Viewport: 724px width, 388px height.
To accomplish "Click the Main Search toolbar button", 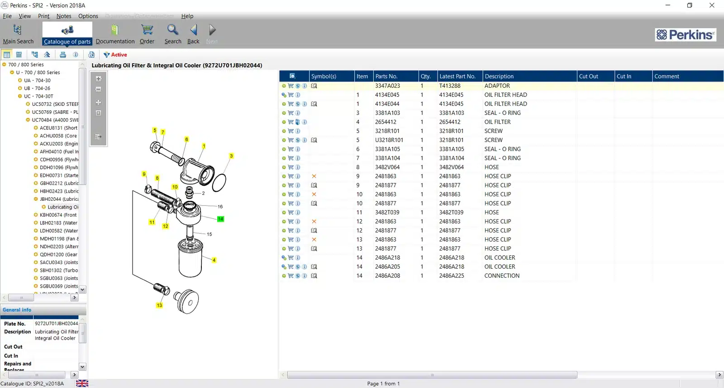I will [x=18, y=34].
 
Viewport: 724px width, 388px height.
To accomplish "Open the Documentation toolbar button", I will [x=115, y=34].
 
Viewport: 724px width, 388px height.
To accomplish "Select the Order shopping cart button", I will [x=147, y=34].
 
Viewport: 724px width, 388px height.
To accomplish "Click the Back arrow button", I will [x=193, y=34].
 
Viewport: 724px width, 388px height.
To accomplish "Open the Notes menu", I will [x=64, y=16].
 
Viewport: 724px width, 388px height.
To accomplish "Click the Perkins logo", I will [x=685, y=35].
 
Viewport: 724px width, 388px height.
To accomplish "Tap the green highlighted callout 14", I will [x=220, y=219].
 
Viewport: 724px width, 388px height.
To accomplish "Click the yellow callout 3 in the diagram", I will [x=231, y=156].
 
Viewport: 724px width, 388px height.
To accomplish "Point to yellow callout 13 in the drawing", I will [x=159, y=305].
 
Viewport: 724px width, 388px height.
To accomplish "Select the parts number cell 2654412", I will [x=386, y=122].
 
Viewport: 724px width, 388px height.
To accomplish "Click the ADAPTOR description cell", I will [x=497, y=86].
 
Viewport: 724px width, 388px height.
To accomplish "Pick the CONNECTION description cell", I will [x=502, y=276].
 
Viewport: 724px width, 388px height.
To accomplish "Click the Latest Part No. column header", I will [x=457, y=76].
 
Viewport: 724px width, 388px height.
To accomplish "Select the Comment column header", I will [x=667, y=76].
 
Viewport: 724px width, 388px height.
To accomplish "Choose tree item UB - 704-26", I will [x=37, y=88].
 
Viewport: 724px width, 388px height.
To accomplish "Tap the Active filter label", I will [x=119, y=55].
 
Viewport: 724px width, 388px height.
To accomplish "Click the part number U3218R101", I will [x=389, y=140].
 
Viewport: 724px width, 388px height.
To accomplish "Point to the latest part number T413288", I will [x=450, y=86].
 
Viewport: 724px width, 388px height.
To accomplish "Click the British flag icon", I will [x=82, y=383].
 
